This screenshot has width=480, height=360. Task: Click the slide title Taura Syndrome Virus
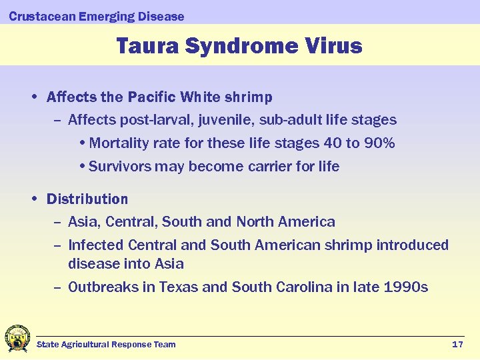(x=239, y=46)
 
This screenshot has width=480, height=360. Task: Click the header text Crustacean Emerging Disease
(x=97, y=16)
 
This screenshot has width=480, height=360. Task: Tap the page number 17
(x=457, y=344)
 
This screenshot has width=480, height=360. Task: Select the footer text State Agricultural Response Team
(x=106, y=344)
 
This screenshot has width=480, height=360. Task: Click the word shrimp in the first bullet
(x=248, y=97)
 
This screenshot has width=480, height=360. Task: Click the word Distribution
(x=87, y=199)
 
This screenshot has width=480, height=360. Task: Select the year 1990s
(x=406, y=287)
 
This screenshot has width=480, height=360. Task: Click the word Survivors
(x=119, y=167)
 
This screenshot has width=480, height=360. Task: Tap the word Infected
(x=96, y=245)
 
